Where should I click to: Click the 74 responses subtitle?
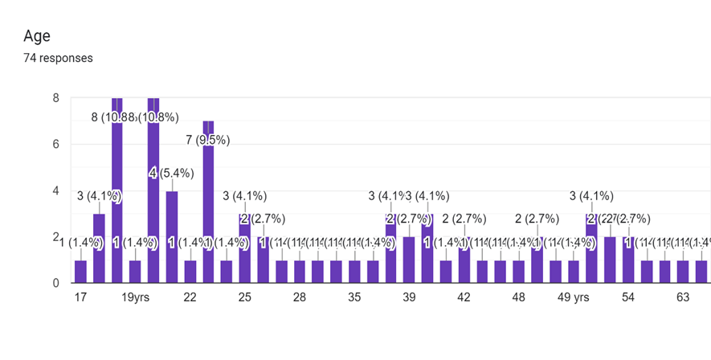click(x=58, y=58)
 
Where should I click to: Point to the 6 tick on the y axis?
click(x=55, y=145)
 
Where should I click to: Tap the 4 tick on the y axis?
click(x=55, y=191)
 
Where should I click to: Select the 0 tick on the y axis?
click(x=55, y=283)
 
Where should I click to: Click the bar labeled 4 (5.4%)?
click(x=171, y=237)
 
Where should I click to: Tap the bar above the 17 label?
click(x=80, y=272)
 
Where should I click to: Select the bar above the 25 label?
click(x=245, y=249)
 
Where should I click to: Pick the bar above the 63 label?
click(x=683, y=272)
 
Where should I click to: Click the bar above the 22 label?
click(x=190, y=272)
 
